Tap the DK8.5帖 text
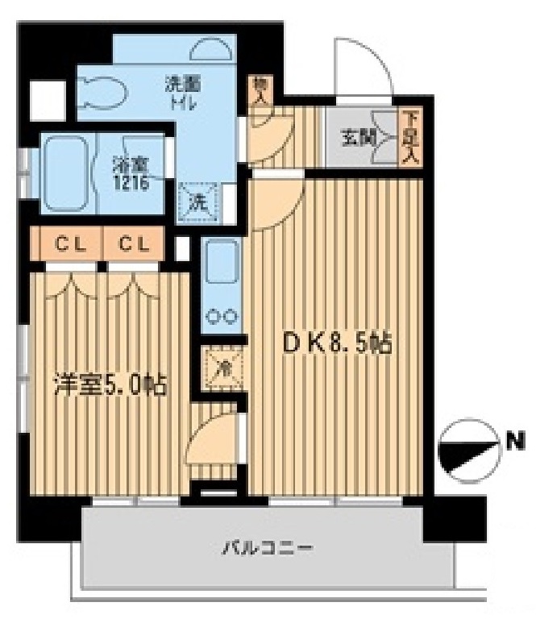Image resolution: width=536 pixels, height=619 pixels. click(x=335, y=346)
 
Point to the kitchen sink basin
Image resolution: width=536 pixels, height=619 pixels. click(x=219, y=267)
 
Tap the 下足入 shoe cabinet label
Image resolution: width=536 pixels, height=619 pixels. click(x=411, y=138)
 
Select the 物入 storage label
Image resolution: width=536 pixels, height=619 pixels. click(x=260, y=90)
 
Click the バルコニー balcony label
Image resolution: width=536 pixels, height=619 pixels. click(x=256, y=550)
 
